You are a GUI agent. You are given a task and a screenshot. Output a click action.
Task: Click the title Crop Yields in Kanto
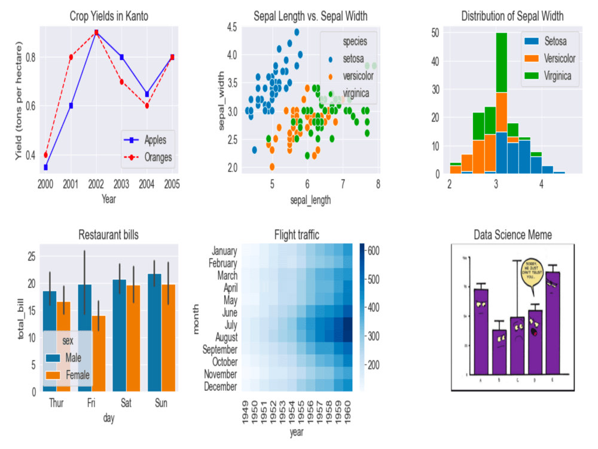108,16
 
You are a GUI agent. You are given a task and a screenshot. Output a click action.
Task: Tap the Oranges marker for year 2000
45,155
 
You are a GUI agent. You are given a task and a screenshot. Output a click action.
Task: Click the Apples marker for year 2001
71,105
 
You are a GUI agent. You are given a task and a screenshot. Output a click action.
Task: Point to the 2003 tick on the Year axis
121,183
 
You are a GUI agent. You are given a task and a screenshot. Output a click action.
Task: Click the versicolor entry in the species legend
358,76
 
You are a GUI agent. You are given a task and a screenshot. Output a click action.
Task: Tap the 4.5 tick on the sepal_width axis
231,27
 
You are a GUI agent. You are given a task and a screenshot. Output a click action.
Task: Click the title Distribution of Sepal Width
512,16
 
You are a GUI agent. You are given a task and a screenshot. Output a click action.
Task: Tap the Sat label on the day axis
126,404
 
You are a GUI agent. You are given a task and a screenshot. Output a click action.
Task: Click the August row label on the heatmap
222,337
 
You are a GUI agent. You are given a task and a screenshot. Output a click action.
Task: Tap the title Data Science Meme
512,234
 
